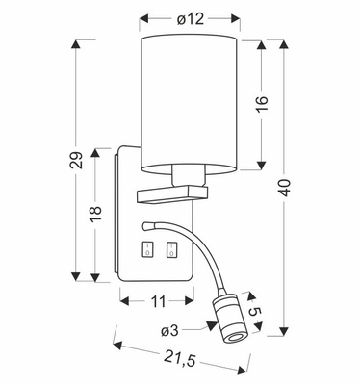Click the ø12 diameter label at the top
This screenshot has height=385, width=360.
click(x=189, y=18)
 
